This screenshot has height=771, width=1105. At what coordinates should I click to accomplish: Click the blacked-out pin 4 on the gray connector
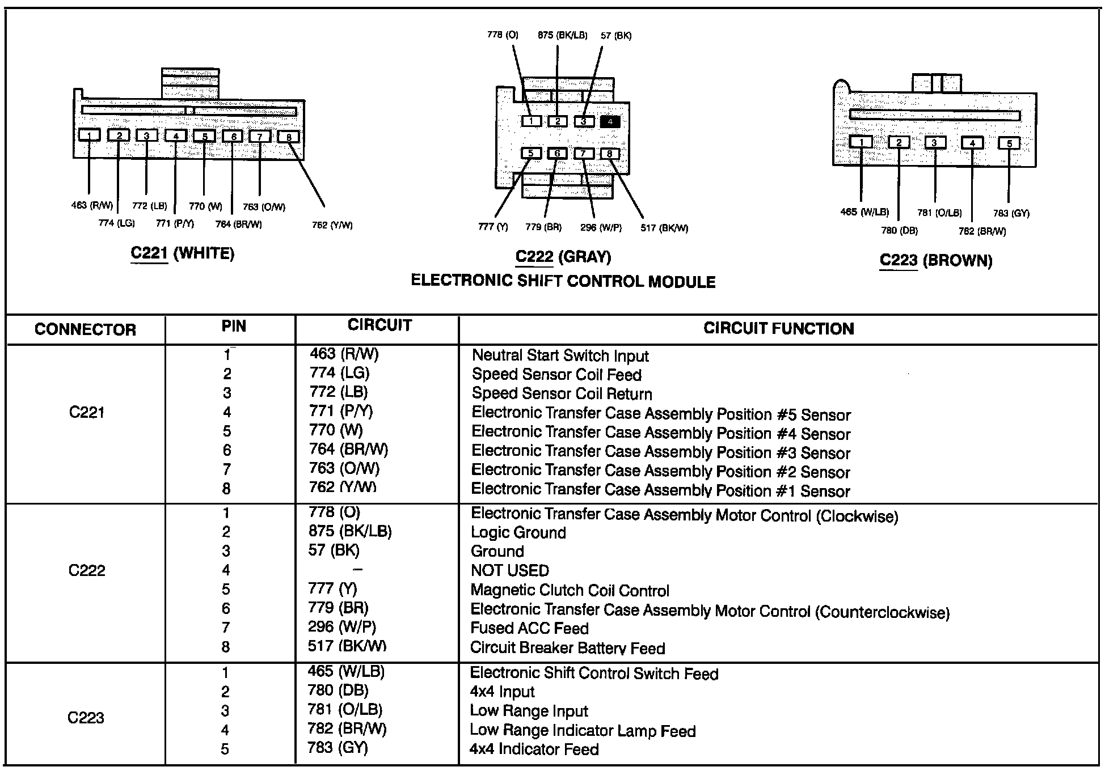click(610, 121)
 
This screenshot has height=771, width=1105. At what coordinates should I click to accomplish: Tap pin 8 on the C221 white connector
click(289, 137)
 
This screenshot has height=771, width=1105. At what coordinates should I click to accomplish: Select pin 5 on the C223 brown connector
click(1009, 143)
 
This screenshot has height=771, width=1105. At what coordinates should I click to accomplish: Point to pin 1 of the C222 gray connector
click(532, 121)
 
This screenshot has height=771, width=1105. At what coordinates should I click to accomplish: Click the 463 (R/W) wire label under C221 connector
click(92, 205)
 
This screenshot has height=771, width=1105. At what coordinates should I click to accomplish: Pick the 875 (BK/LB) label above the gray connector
click(562, 35)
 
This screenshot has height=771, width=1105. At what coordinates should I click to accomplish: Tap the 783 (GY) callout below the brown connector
click(1011, 213)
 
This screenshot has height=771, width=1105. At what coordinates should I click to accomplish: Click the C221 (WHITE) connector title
click(182, 253)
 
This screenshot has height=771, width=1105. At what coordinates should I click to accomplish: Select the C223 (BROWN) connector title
click(936, 261)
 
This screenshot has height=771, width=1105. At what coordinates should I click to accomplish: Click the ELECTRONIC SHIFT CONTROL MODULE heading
click(563, 281)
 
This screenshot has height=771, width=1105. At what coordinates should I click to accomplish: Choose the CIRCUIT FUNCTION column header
click(778, 329)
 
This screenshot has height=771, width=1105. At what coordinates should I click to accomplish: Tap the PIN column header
click(234, 327)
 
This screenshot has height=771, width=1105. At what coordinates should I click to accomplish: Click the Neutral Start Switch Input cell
click(560, 356)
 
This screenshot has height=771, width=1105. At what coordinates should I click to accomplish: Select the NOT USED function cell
click(509, 570)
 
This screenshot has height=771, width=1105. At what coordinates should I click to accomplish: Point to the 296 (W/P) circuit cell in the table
click(342, 626)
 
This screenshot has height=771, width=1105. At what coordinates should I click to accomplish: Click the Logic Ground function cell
click(518, 532)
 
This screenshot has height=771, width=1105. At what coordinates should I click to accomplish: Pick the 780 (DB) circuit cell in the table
click(338, 690)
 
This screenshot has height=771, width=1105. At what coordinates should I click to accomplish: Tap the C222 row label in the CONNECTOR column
click(87, 570)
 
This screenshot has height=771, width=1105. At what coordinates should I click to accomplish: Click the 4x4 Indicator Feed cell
click(534, 749)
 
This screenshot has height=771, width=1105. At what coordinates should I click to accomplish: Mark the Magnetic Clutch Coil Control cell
click(570, 591)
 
